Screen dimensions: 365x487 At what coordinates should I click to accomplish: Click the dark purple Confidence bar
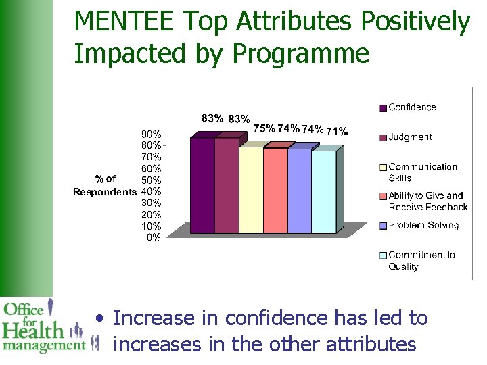(202, 185)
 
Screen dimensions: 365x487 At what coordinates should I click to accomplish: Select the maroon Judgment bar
(227, 185)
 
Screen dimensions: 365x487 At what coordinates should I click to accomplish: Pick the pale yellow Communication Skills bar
(251, 190)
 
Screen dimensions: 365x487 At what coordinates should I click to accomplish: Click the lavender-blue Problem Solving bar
(300, 191)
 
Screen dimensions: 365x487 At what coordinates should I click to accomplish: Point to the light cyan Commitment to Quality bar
(324, 192)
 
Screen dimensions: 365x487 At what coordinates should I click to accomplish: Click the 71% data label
(337, 131)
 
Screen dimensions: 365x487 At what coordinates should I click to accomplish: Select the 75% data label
(264, 128)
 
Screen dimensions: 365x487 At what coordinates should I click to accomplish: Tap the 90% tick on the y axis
(151, 135)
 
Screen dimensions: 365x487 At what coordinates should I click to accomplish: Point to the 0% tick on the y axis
(154, 237)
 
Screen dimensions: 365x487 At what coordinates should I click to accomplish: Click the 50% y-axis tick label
(151, 180)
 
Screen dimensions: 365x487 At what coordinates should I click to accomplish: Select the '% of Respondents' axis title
(105, 185)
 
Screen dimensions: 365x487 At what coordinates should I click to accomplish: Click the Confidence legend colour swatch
(383, 107)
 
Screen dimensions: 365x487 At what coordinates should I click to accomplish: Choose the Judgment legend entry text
(410, 137)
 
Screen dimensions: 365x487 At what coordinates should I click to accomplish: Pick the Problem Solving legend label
(423, 226)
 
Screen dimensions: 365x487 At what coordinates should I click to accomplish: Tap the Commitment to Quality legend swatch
(383, 255)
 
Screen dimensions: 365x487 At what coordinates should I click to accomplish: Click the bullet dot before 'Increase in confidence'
(100, 318)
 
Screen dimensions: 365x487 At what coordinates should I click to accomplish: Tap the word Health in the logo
(32, 331)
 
